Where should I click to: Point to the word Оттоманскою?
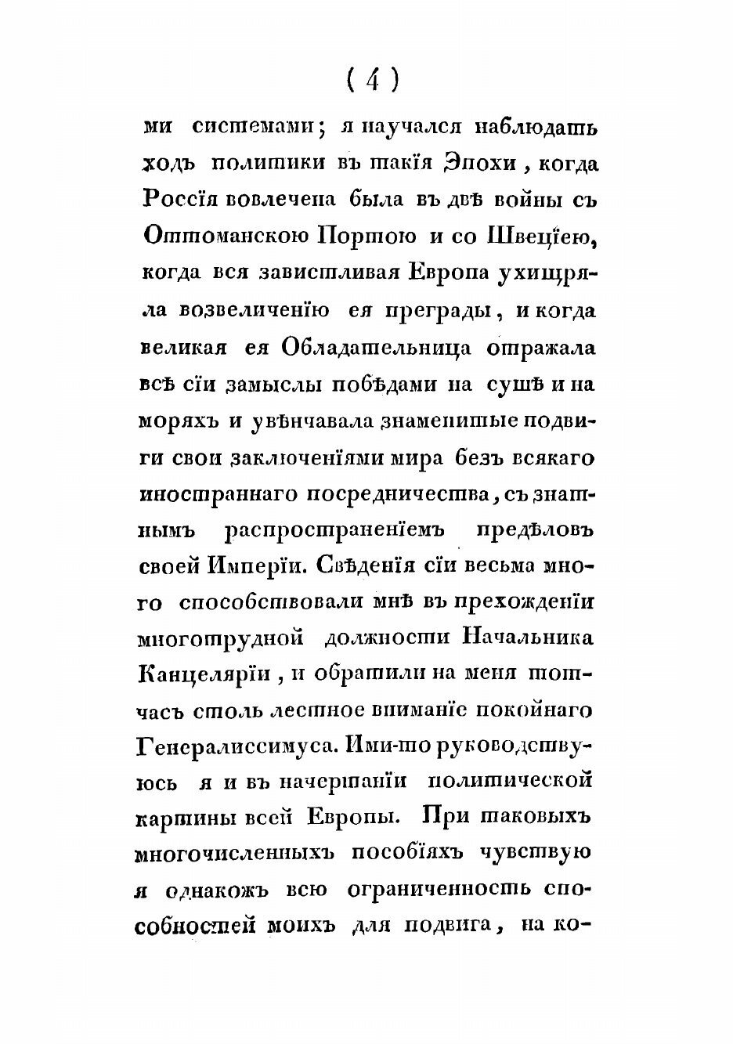tap(226, 236)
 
